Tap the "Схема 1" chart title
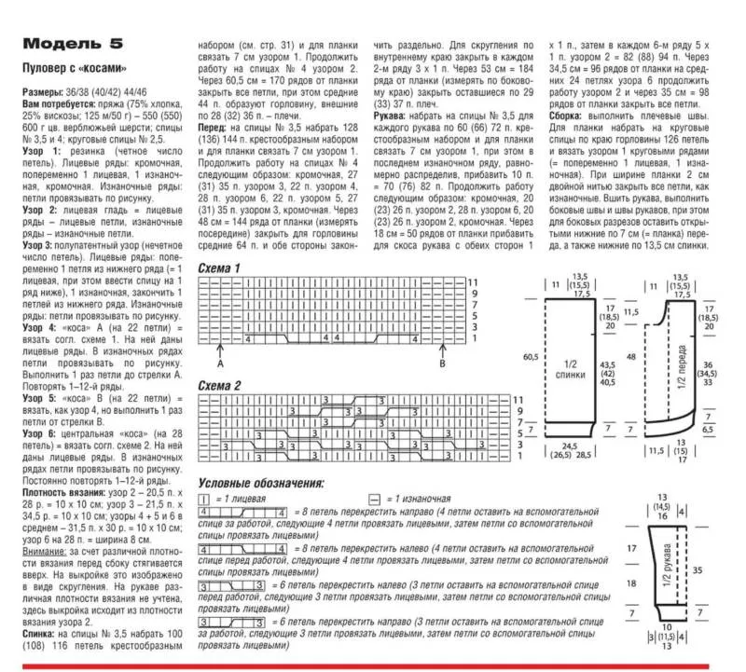coord(219,268)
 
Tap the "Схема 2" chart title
coord(219,385)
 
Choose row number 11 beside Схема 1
coord(472,281)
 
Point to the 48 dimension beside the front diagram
coord(630,356)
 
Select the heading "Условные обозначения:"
coord(261,484)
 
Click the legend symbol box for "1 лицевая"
coord(203,500)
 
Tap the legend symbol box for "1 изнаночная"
coord(373,500)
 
